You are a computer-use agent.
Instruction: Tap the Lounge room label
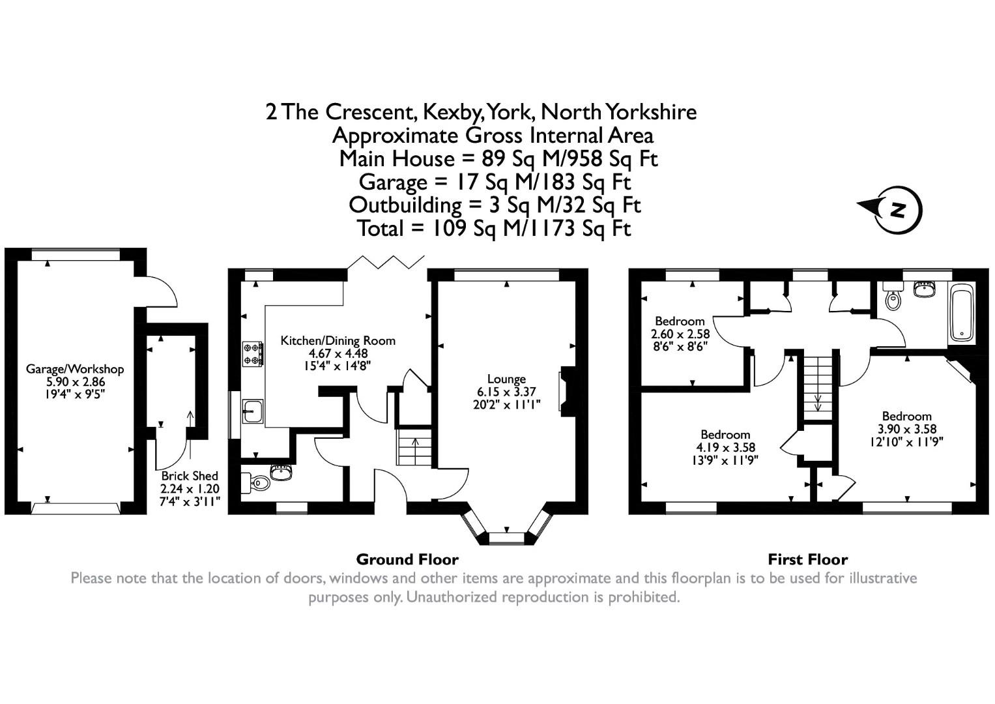point(506,379)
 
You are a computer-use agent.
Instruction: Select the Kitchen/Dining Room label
point(338,340)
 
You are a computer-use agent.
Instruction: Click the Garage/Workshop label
point(74,369)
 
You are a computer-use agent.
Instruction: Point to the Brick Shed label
point(190,476)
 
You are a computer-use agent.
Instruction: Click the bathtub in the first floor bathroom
point(961,314)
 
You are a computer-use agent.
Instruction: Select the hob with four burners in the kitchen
point(253,353)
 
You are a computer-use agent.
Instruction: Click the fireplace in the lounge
point(567,390)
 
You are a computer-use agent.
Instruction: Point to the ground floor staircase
point(414,447)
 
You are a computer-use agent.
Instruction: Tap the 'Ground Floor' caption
point(407,559)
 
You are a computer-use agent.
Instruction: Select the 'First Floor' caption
point(807,559)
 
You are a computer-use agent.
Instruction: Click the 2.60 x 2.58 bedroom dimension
point(680,333)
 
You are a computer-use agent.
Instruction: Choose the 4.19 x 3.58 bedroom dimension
point(725,447)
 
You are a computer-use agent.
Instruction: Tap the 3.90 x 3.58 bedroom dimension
point(906,429)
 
